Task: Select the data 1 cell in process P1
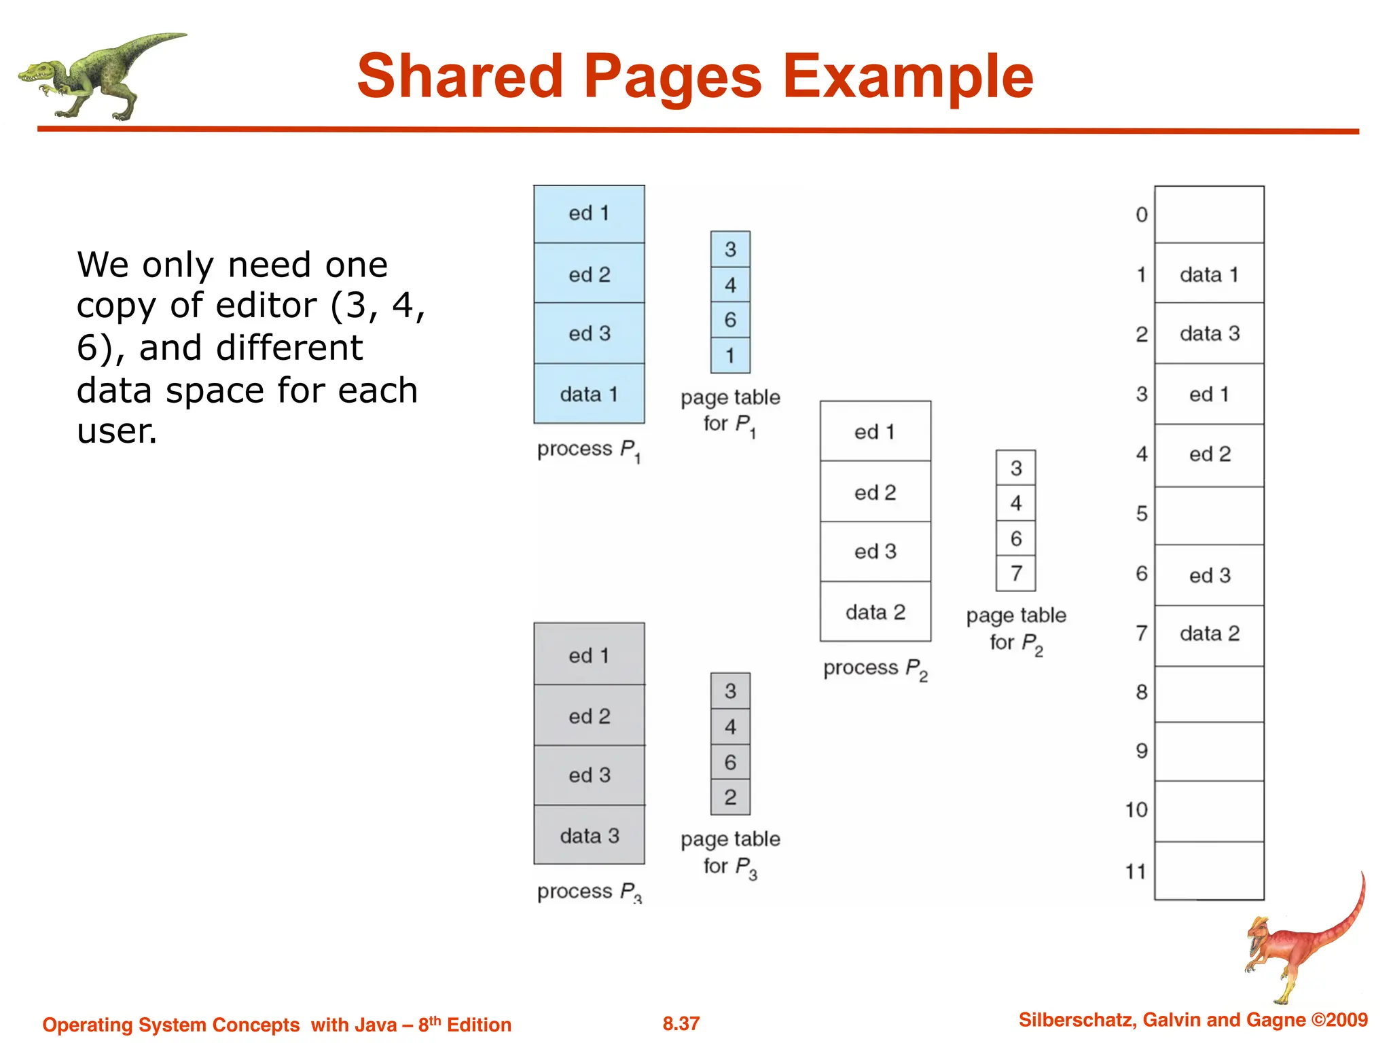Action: tap(589, 394)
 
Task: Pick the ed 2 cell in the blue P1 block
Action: tap(589, 274)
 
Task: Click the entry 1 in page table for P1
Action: tap(730, 355)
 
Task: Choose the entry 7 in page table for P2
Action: tap(1015, 574)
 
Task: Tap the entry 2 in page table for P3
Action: tap(730, 797)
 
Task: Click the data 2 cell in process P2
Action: tap(875, 612)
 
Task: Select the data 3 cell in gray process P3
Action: tap(589, 835)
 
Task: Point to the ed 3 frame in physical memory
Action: tap(1209, 575)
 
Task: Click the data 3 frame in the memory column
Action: tap(1209, 333)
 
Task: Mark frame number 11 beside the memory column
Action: tap(1136, 871)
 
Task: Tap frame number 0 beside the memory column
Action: tap(1141, 215)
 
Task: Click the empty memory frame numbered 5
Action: tap(1209, 515)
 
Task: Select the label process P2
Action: tap(875, 669)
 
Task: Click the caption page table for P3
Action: tap(730, 852)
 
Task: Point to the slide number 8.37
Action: tap(681, 1023)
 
